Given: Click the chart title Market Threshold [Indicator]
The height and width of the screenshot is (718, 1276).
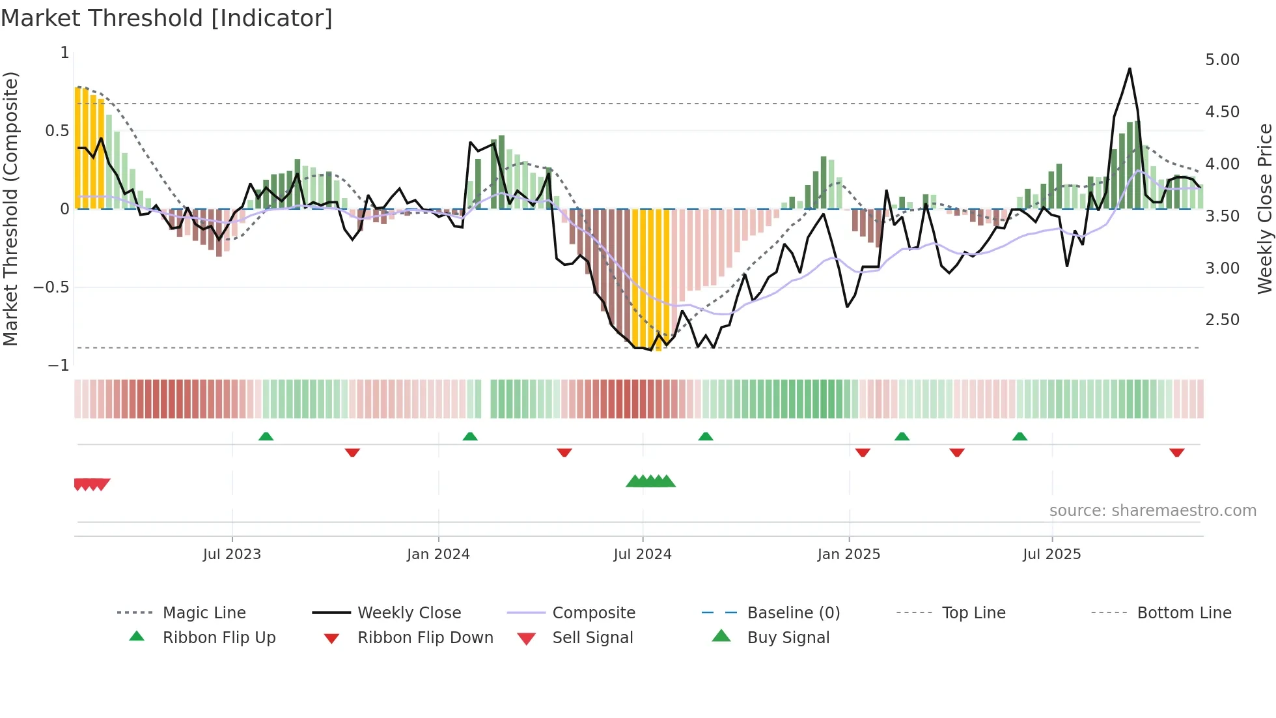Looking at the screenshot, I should (x=167, y=18).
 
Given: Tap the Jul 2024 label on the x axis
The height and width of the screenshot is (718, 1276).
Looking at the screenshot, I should (x=642, y=554).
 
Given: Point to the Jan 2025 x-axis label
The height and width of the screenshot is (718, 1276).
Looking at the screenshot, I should (x=848, y=554).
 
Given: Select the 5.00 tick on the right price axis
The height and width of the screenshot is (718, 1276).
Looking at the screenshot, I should (x=1222, y=60).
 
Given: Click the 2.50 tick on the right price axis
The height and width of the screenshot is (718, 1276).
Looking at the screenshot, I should (x=1222, y=320).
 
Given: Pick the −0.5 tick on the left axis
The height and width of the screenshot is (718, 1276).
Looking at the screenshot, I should (x=51, y=287).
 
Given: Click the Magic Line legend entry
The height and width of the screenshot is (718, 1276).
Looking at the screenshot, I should (x=204, y=613).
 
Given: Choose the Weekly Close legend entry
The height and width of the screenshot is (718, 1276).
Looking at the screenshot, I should (x=409, y=613).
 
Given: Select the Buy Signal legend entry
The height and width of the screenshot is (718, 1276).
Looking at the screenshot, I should (x=788, y=638).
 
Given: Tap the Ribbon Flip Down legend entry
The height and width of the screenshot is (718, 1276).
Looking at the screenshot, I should (x=424, y=638).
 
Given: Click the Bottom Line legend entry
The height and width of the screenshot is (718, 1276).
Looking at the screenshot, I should (x=1184, y=613).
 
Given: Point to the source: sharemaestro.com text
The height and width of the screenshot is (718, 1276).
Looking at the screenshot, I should (x=1152, y=511).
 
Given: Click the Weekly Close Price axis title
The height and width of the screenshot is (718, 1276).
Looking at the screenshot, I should (x=1264, y=208).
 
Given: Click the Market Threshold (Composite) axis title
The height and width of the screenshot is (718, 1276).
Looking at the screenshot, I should (x=10, y=208).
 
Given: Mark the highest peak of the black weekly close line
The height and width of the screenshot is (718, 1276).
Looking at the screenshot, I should (x=1130, y=68).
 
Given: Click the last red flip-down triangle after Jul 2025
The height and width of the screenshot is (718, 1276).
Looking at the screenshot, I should (x=1176, y=452).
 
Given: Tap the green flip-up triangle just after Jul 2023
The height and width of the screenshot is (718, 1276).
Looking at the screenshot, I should (x=266, y=437).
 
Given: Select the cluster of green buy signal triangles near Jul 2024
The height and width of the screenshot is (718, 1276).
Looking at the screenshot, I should (x=650, y=481).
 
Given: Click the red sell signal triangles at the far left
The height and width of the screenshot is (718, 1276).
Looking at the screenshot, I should (x=91, y=484).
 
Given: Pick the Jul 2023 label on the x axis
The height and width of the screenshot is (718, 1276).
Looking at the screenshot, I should (x=232, y=554).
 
